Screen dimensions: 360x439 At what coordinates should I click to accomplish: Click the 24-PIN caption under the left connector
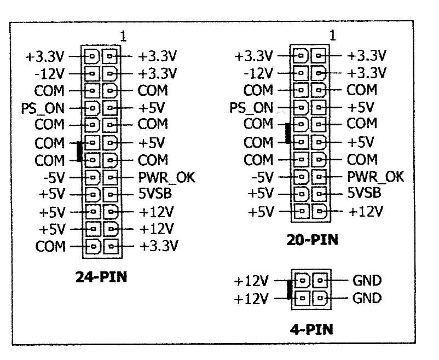click(x=101, y=276)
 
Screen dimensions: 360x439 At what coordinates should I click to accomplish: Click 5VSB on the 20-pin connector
click(x=365, y=193)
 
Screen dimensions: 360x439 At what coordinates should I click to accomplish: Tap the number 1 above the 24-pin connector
click(x=123, y=37)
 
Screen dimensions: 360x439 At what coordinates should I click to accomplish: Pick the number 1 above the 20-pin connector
click(x=332, y=37)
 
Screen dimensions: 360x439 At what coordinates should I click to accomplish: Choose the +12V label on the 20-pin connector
click(x=367, y=211)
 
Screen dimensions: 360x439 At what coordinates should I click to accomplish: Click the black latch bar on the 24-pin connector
click(x=80, y=152)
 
